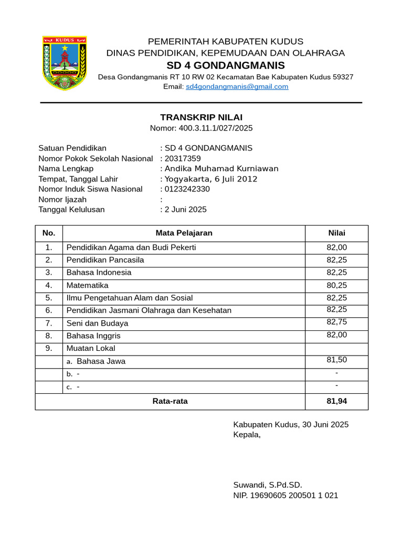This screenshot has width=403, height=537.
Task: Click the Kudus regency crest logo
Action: [64, 63]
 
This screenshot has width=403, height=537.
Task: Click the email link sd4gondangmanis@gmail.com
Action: [237, 87]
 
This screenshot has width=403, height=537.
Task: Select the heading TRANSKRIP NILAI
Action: [201, 117]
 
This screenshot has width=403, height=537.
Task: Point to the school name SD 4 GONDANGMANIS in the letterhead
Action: [226, 65]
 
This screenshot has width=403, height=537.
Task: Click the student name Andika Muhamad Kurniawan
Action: [221, 168]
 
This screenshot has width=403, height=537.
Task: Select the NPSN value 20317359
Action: [183, 158]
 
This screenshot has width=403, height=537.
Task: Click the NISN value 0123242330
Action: [187, 189]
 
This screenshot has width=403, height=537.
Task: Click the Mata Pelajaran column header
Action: [184, 233]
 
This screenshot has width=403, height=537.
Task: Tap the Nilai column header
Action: [336, 233]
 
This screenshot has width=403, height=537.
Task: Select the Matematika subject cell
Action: [88, 285]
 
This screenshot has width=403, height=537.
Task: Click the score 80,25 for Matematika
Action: [336, 285]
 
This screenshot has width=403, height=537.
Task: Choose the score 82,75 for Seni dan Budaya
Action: [336, 322]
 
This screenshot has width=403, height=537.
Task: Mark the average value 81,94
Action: [336, 401]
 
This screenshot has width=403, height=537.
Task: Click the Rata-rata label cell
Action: [170, 401]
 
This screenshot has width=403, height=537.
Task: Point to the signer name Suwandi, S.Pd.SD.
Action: [268, 485]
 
